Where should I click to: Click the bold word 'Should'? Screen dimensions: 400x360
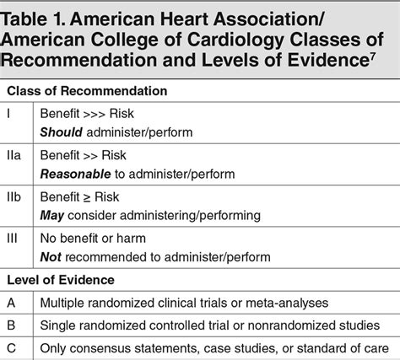(62, 132)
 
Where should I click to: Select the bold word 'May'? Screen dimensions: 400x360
(52, 215)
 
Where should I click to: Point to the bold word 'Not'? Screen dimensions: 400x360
(51, 256)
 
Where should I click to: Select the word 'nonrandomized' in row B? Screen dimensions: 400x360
(268, 323)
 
